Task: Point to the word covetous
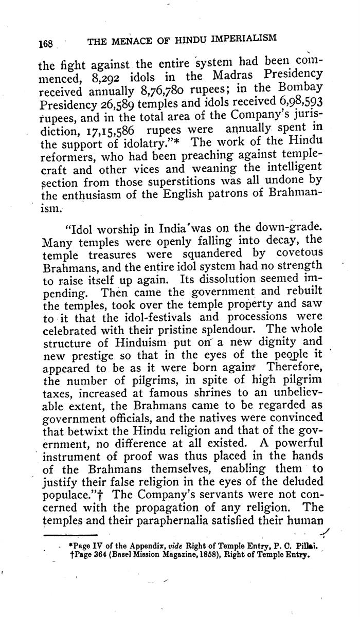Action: click(293, 254)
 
